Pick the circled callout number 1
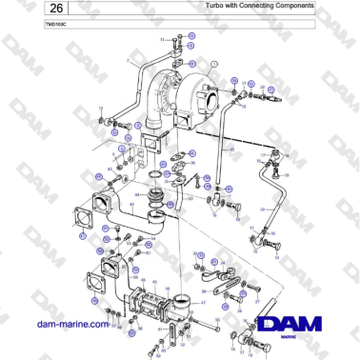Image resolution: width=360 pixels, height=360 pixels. (x=215, y=64)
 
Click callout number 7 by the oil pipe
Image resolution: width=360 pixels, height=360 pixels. (x=128, y=59)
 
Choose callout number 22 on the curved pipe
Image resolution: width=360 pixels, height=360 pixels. (x=264, y=208)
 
